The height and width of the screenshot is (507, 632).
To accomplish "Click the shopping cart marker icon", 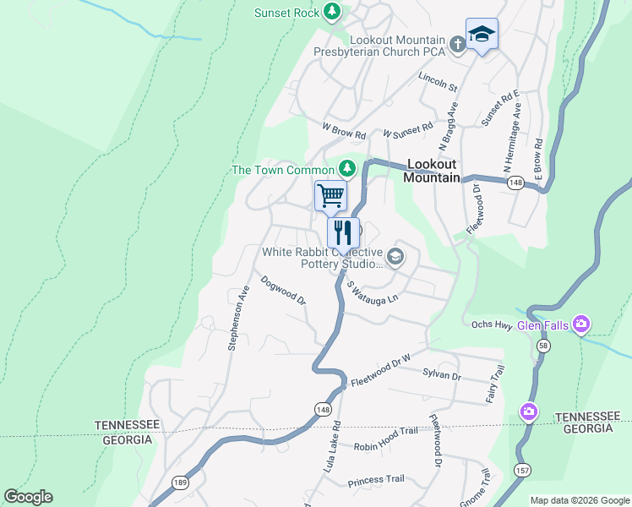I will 330,196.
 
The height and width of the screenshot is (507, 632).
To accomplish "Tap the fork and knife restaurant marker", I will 343,232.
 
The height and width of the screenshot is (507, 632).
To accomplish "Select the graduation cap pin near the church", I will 482,35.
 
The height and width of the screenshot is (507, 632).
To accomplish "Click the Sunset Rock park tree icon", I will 333,11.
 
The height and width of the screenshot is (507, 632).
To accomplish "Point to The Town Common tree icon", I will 346,169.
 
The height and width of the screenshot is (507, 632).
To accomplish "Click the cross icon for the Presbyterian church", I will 457,44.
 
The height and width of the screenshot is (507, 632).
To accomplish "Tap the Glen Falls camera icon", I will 580,324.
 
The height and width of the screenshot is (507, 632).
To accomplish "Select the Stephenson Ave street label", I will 238,318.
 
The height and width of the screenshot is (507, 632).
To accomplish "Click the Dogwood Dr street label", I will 283,290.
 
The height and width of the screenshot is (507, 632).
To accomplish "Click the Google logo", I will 28,497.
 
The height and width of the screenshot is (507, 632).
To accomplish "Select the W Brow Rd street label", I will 344,134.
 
